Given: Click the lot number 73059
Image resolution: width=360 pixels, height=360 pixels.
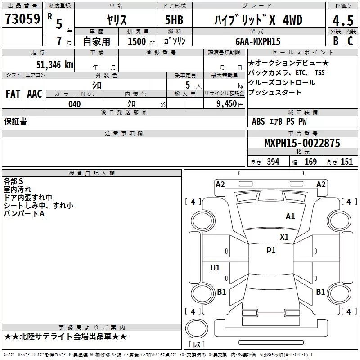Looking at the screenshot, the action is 22,19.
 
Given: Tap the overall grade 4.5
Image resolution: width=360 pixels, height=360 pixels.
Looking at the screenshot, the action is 343,21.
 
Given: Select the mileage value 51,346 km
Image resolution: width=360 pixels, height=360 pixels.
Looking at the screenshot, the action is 55,65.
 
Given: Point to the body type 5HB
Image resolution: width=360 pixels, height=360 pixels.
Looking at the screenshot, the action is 174,20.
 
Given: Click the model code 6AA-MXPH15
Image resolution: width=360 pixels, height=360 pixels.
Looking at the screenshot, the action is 258,41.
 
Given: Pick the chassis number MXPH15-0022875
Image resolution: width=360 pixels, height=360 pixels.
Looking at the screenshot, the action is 302,143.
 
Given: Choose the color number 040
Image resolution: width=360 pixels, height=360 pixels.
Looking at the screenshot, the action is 75,104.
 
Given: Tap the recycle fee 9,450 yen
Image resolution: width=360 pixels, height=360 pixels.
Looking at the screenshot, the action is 230,104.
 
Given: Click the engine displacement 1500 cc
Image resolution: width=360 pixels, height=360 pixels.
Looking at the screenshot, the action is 141,41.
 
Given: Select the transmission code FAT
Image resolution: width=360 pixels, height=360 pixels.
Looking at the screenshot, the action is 13,94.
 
